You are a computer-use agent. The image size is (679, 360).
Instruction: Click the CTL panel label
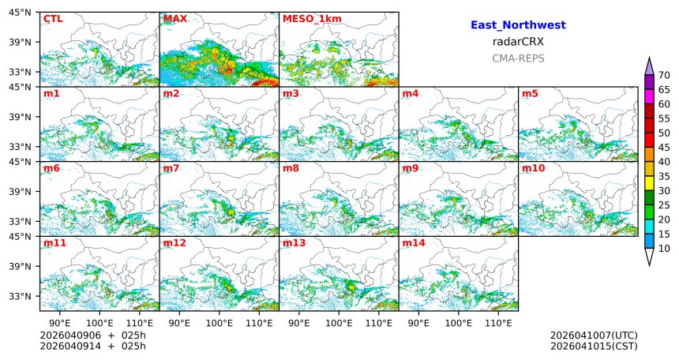click(52, 19)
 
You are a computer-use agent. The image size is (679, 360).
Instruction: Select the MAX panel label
click(174, 19)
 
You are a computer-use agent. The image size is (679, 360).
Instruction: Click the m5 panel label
click(529, 94)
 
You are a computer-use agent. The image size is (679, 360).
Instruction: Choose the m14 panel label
click(412, 243)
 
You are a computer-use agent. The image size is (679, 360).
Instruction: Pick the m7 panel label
click(171, 168)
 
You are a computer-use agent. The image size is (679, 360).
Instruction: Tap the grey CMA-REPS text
click(518, 58)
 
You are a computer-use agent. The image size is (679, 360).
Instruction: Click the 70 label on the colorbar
click(664, 75)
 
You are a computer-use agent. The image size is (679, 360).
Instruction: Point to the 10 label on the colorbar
click(664, 249)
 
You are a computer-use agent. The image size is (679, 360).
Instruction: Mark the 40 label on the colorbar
click(664, 162)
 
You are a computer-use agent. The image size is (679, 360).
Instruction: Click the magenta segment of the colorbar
click(649, 95)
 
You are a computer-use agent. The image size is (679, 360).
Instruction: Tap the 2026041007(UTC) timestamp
click(593, 336)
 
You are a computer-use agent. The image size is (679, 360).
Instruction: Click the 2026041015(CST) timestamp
click(593, 346)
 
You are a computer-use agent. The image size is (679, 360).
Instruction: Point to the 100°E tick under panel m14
click(458, 323)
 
